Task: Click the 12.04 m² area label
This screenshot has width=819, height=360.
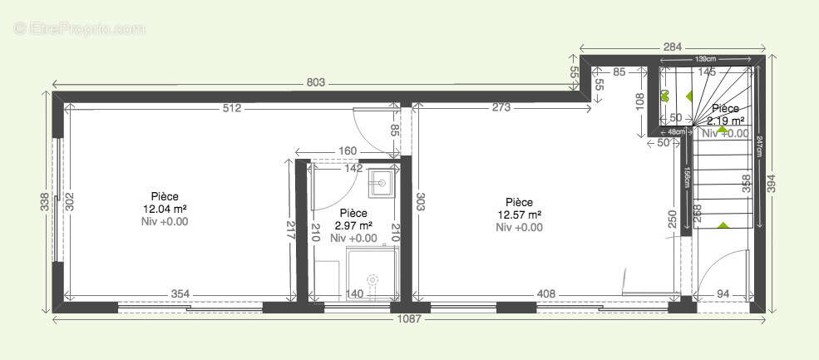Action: tap(165, 209)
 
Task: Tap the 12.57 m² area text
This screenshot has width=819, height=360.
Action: tap(519, 215)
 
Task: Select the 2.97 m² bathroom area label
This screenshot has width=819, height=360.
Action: tap(353, 225)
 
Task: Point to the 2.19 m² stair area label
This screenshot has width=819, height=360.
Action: tap(726, 121)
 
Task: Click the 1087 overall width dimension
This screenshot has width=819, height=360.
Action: tap(407, 319)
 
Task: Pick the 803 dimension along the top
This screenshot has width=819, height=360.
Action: tap(315, 82)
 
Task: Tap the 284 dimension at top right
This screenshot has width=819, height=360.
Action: tap(673, 47)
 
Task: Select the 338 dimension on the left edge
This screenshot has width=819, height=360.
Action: tap(44, 202)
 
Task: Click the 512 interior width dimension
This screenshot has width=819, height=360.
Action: tap(232, 107)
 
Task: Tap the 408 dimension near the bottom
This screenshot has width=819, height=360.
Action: tap(545, 294)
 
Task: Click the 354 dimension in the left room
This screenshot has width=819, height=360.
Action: tap(179, 294)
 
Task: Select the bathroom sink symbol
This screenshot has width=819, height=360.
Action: tap(381, 180)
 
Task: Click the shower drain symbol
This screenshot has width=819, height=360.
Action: tap(372, 279)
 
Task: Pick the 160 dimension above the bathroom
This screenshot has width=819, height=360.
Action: tap(348, 151)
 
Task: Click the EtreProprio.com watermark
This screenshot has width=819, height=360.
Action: tap(80, 28)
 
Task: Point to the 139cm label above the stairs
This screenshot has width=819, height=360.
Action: tap(706, 60)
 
